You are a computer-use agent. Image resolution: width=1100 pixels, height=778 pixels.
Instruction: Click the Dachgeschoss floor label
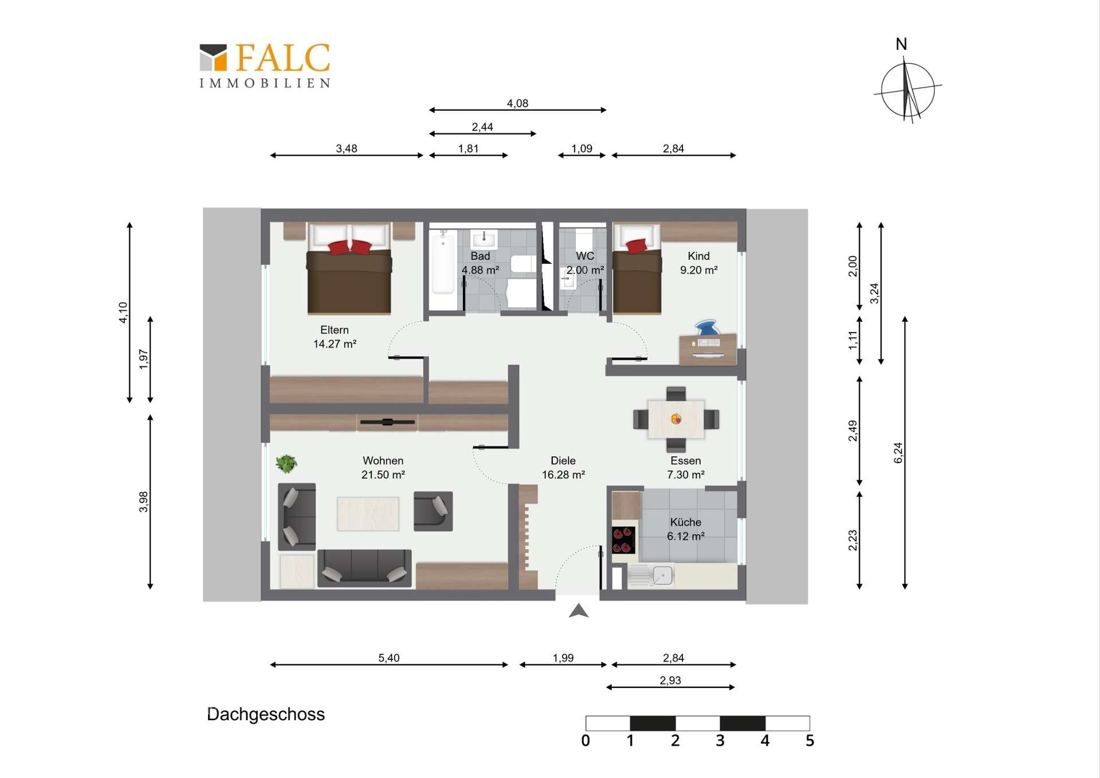click(x=266, y=714)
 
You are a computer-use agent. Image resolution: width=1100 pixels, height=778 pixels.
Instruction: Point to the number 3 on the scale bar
click(x=720, y=741)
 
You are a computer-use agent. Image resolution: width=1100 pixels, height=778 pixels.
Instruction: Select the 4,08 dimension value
click(x=517, y=103)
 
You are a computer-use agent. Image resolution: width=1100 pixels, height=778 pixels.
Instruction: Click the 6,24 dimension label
click(x=898, y=453)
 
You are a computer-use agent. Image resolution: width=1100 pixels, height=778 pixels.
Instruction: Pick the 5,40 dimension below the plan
click(x=389, y=658)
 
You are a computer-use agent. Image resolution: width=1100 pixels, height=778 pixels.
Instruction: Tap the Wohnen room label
click(x=383, y=460)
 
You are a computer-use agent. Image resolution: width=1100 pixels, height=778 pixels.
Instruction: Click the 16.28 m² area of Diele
click(x=563, y=475)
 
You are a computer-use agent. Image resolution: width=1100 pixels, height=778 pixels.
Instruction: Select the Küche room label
click(x=686, y=522)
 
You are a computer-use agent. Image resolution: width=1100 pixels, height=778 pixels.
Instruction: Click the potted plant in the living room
click(x=286, y=463)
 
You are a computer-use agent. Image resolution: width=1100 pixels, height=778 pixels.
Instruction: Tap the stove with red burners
click(x=623, y=540)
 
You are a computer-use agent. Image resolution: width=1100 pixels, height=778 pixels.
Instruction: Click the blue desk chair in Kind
click(x=707, y=328)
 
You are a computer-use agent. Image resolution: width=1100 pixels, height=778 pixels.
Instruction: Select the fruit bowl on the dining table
click(x=676, y=419)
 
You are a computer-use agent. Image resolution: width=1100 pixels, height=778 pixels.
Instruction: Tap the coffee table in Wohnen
click(x=368, y=514)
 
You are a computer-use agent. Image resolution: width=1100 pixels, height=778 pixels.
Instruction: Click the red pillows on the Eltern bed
click(x=349, y=247)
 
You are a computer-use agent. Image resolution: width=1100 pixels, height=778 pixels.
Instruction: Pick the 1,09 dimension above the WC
click(x=582, y=148)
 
